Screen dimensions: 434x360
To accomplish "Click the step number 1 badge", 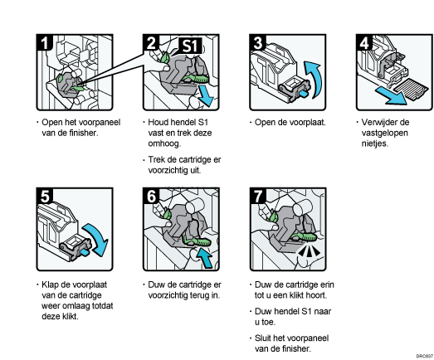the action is click(x=44, y=42).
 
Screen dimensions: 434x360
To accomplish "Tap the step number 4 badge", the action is click(x=364, y=42).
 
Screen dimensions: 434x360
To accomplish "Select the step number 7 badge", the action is click(x=258, y=196).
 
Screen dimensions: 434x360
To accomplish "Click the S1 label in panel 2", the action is click(x=190, y=46).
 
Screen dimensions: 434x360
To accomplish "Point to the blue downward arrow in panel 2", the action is click(x=206, y=95).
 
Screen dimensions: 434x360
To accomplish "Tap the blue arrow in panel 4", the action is click(x=391, y=95).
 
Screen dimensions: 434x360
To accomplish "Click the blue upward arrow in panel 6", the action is click(x=204, y=258).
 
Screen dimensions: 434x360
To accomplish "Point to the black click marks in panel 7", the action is click(x=310, y=251).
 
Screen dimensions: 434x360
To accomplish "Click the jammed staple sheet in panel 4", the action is click(x=411, y=88).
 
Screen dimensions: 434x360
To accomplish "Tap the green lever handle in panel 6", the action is click(x=197, y=241).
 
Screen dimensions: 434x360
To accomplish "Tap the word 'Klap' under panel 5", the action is click(x=50, y=285).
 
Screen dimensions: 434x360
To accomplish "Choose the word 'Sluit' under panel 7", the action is click(x=263, y=338).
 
